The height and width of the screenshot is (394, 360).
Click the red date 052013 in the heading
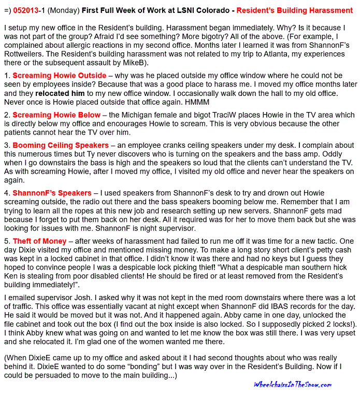[26, 10]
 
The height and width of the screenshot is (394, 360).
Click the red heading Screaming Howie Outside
[59, 76]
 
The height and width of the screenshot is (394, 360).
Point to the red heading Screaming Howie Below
[56, 115]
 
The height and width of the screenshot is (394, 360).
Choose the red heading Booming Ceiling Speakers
[61, 146]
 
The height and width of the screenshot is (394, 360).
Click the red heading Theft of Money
[39, 241]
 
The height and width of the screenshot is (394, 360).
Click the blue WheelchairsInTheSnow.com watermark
[293, 384]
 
